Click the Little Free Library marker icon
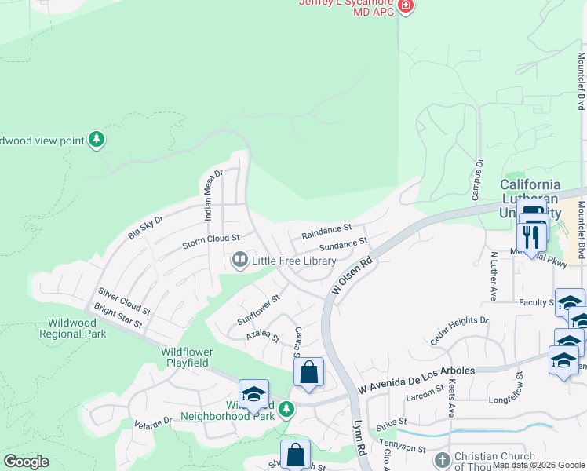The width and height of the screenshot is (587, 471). (x=239, y=259)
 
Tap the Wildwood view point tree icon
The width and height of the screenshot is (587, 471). (x=97, y=140)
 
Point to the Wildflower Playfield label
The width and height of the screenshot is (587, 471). (x=186, y=357)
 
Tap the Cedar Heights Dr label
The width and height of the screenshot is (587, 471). (x=459, y=330)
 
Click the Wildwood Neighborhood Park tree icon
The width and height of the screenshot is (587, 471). (x=286, y=408)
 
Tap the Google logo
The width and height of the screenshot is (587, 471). (x=26, y=462)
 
